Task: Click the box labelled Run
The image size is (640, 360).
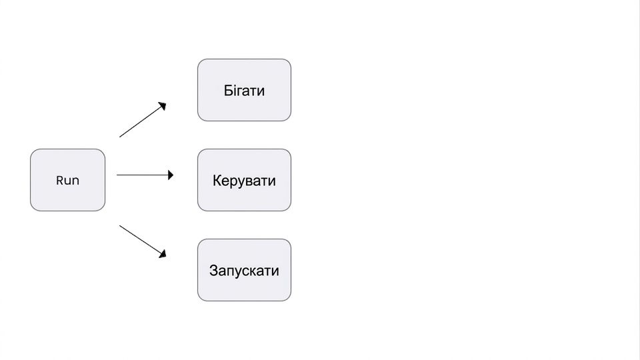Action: coord(68,180)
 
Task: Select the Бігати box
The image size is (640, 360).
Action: coord(244,90)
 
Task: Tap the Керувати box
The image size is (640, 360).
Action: coord(244,180)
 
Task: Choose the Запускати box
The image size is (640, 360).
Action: coord(244,270)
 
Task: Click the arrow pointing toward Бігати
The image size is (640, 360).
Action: coord(143,119)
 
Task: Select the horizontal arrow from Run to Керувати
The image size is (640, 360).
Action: coord(145,175)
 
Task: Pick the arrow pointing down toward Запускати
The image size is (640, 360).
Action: coord(143,241)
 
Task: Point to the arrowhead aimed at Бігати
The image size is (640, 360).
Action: coord(163,106)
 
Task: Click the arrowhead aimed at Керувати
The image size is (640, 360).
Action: coord(171,175)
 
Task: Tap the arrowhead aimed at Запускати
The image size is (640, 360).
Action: coord(163,254)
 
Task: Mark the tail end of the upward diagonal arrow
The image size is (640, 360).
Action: coord(119,137)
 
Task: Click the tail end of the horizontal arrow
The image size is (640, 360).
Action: coord(117,175)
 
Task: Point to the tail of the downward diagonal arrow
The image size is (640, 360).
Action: coord(119,225)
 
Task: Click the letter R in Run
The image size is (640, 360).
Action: coord(59,181)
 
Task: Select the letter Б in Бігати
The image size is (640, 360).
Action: coord(228,90)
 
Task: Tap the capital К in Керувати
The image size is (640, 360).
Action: coord(217,181)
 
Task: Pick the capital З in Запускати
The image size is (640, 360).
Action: coord(213,271)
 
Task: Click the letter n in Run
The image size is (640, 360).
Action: coord(75,181)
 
